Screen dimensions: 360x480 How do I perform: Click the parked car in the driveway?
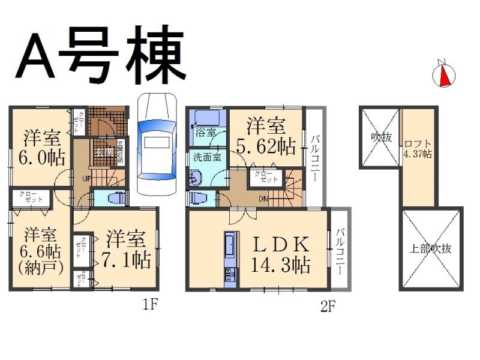coord(157,144)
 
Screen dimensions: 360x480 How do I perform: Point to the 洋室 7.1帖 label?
coord(126,248)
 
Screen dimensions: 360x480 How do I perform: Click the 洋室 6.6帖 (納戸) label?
coord(41,250)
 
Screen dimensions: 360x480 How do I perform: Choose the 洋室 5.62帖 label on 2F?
coord(265,136)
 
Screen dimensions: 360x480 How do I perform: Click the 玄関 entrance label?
coord(103,152)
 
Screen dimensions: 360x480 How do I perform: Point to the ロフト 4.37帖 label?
coord(418,148)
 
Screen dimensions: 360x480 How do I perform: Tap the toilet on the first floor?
coord(115,199)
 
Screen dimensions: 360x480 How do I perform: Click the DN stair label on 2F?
coord(262,199)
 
